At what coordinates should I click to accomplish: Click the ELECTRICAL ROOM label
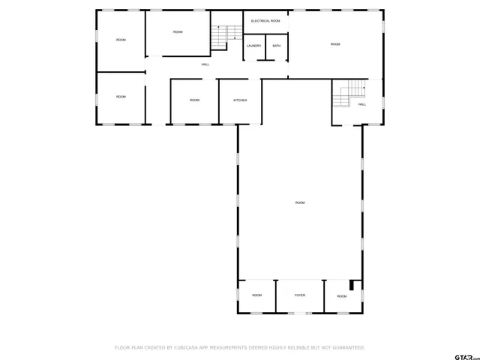click(x=265, y=21)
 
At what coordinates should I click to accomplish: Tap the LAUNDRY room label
click(x=253, y=46)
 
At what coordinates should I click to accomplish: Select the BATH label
click(x=277, y=46)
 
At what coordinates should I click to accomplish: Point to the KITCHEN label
click(x=240, y=100)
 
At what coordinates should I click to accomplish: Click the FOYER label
click(x=299, y=295)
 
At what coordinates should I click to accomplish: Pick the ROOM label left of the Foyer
click(x=256, y=295)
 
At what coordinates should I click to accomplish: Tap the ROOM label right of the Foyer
click(x=342, y=296)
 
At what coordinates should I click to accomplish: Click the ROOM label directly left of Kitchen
click(x=194, y=100)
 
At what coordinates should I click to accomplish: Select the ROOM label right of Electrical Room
click(x=335, y=44)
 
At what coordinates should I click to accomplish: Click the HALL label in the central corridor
click(x=205, y=64)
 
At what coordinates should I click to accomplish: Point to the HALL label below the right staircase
click(x=361, y=104)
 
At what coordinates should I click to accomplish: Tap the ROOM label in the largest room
click(x=300, y=202)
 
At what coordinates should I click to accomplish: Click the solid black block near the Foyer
click(x=355, y=285)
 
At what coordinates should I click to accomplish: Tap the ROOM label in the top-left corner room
click(x=121, y=39)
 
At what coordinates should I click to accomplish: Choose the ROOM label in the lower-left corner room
click(x=121, y=97)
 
